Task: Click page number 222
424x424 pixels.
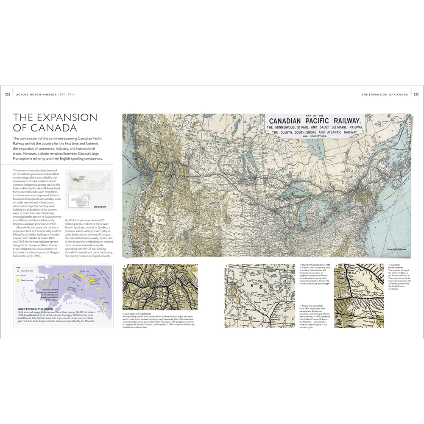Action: coord(8,95)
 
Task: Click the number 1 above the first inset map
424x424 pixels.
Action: coord(124,266)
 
